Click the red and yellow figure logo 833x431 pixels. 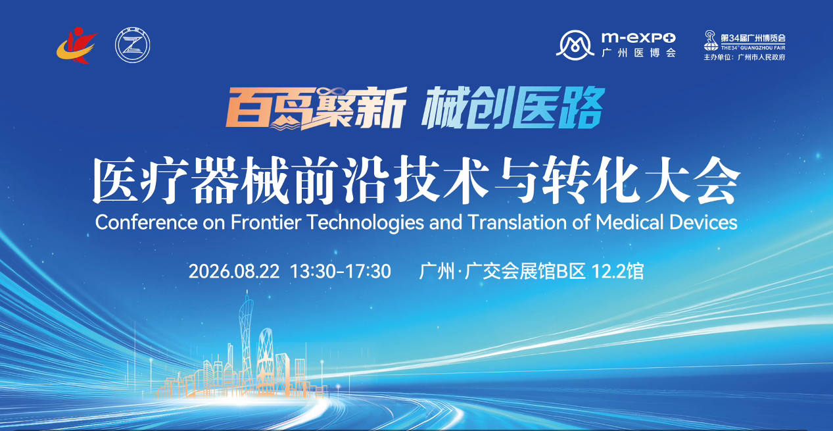(x=76, y=45)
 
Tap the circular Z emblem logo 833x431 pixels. (x=132, y=45)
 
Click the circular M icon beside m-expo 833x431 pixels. (x=575, y=45)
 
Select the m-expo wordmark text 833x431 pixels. (x=638, y=38)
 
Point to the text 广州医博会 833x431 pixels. (x=638, y=53)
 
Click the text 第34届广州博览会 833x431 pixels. (x=753, y=38)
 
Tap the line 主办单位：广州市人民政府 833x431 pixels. (x=744, y=57)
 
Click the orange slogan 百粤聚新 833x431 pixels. (x=316, y=109)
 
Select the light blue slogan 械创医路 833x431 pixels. (x=513, y=107)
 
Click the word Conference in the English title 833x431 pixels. (x=146, y=222)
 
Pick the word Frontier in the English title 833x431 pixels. (x=266, y=222)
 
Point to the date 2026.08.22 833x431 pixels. (x=234, y=271)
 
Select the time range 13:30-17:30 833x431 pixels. (x=341, y=271)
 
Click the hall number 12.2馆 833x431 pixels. (x=617, y=271)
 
